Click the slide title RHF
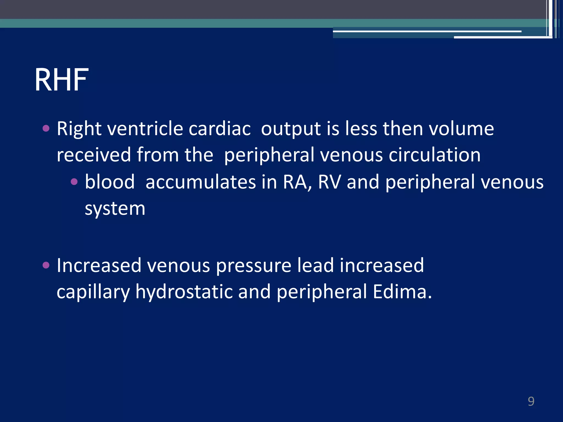coord(61,80)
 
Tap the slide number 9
coord(531,401)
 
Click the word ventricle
coord(145,129)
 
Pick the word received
coord(94,155)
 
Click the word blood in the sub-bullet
coord(110,182)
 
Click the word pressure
coord(253,266)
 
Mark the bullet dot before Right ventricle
coord(46,128)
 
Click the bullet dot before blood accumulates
coord(74,182)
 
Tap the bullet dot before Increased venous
coord(46,265)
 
